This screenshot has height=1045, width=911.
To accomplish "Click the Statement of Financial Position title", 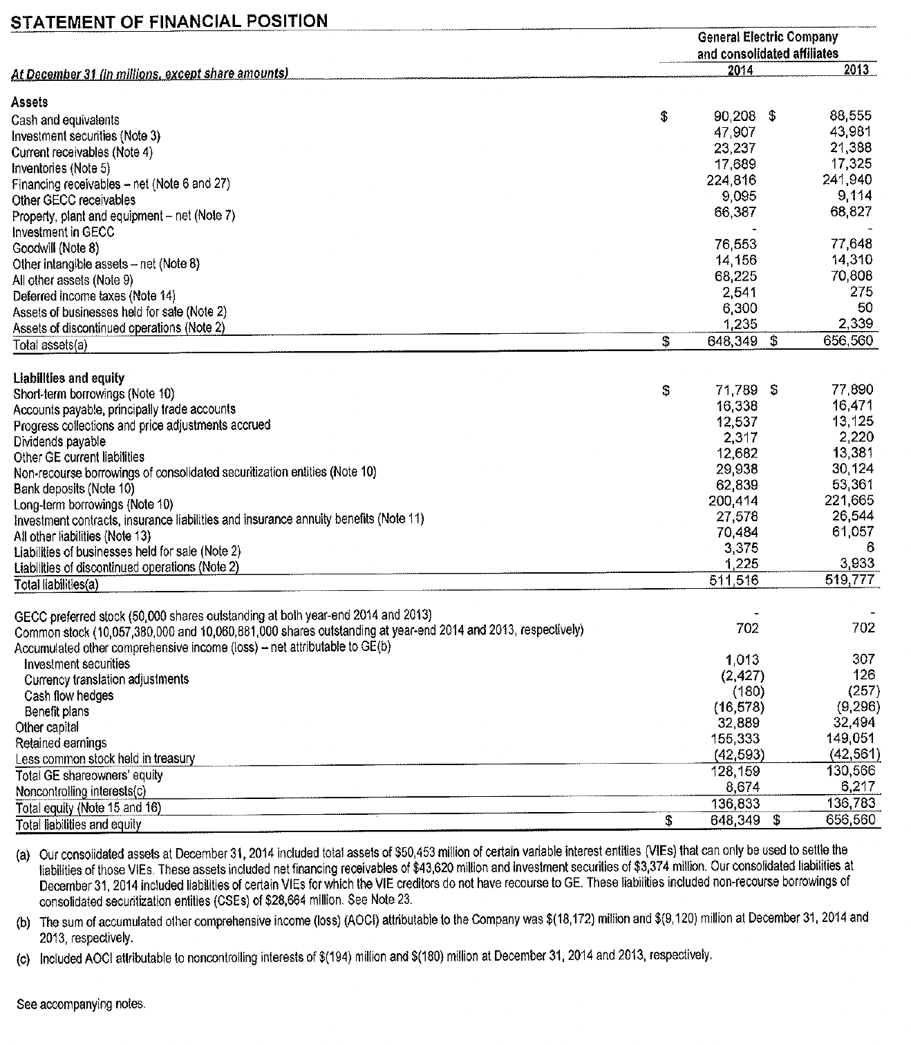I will (170, 21).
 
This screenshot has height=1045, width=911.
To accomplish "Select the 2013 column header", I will (856, 69).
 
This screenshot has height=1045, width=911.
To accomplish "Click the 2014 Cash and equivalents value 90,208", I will (734, 116).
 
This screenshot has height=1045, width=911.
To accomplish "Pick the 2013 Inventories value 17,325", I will (850, 164).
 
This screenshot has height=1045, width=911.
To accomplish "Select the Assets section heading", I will (30, 102).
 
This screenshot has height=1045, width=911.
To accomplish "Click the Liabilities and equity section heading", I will (69, 378).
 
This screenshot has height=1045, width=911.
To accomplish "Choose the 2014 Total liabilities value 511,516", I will (734, 581).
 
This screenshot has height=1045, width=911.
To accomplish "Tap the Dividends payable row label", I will (59, 442).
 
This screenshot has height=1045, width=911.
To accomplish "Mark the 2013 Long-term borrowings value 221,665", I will (849, 500).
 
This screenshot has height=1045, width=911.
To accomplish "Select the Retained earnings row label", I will (61, 743).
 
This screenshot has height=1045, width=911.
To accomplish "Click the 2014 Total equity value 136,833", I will (735, 803).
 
